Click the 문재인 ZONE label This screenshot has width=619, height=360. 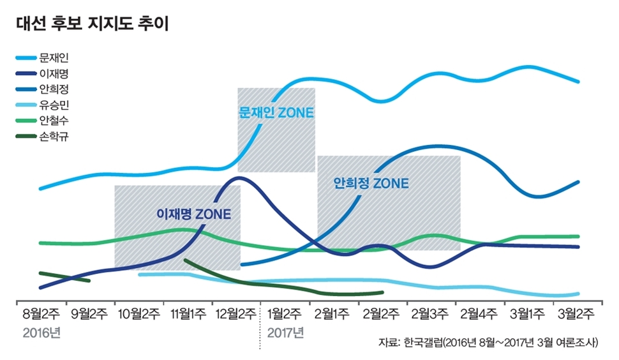click(276, 113)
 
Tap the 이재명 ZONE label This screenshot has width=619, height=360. click(194, 213)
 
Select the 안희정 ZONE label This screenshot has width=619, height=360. click(371, 183)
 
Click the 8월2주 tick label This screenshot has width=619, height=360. click(41, 314)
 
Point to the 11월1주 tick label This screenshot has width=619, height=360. click(187, 314)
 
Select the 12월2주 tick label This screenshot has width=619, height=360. click(236, 314)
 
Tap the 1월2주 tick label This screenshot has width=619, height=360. click(285, 314)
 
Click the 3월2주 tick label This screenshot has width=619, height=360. click(577, 314)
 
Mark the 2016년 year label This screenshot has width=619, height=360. click(40, 333)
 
